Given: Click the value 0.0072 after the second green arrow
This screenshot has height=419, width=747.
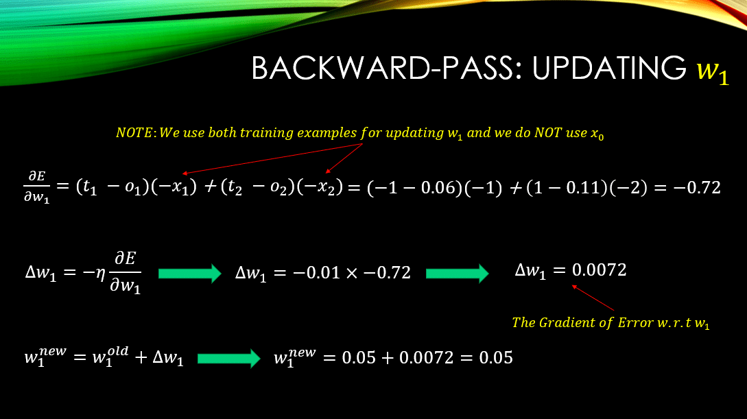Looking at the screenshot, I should [x=599, y=270].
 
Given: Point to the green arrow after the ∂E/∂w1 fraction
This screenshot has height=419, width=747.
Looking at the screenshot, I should [x=189, y=273].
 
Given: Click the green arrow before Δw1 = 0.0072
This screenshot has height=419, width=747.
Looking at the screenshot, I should [x=457, y=273].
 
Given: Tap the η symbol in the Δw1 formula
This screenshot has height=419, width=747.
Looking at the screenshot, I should [x=101, y=272].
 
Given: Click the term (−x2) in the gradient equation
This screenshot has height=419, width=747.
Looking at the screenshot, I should [x=320, y=187].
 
